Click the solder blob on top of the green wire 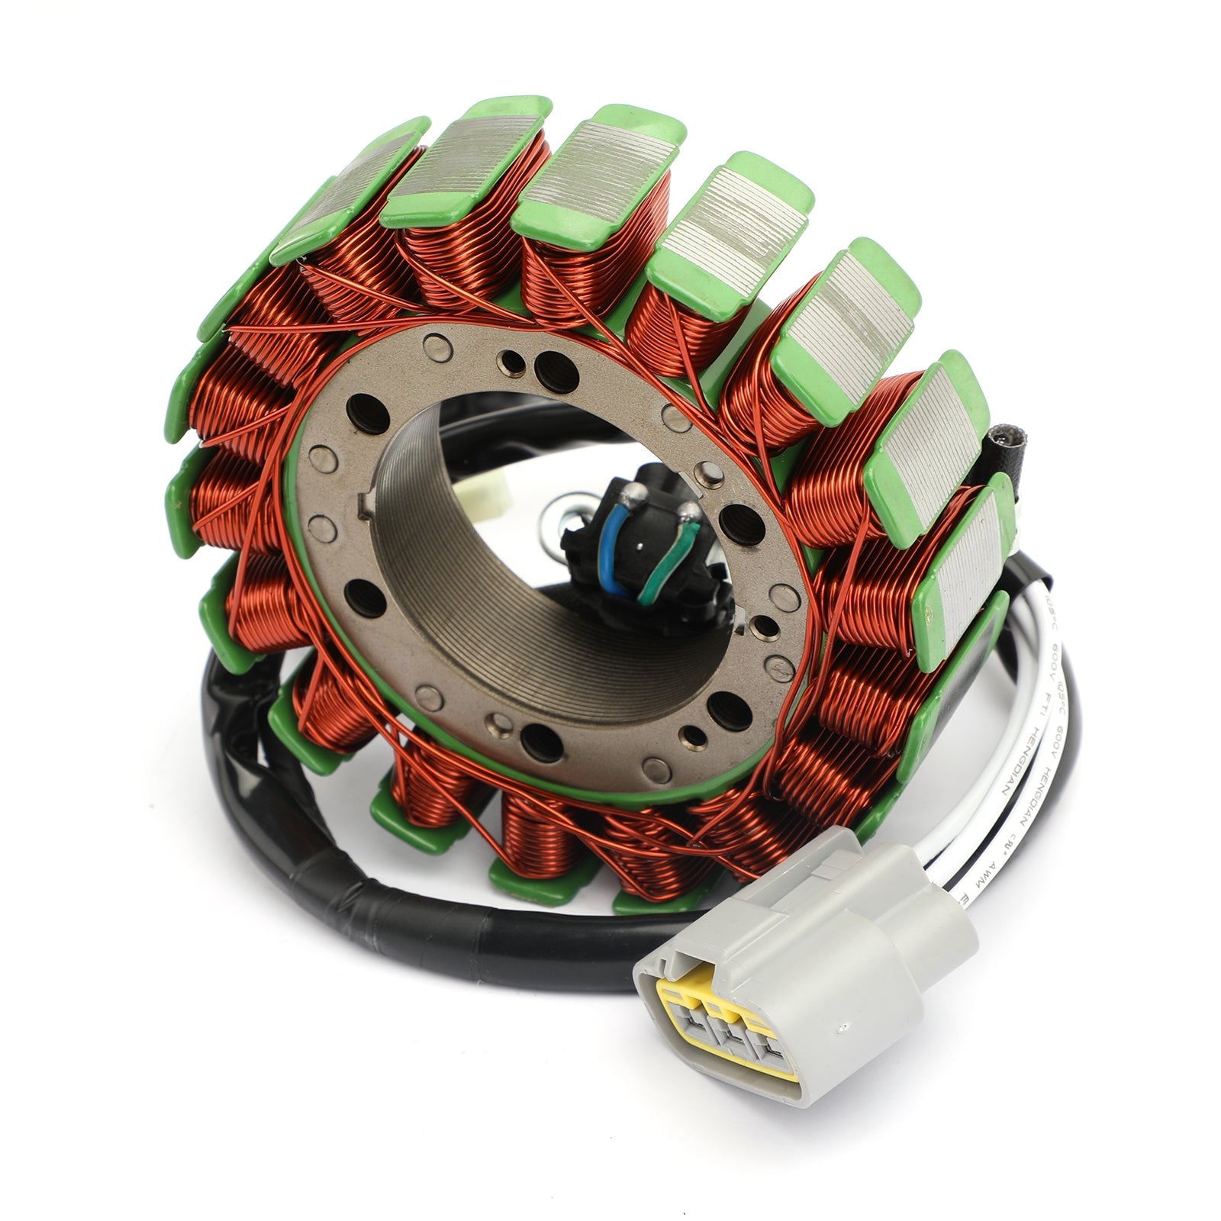coord(688,509)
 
